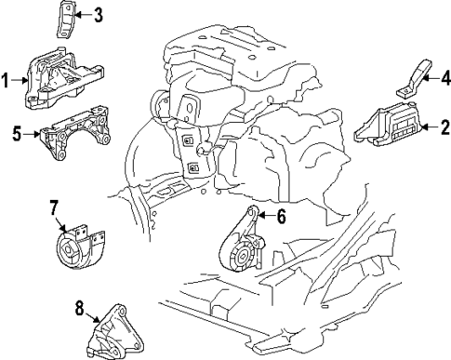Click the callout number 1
(x=7, y=82)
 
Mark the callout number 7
(x=54, y=207)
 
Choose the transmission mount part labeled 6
(x=244, y=247)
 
